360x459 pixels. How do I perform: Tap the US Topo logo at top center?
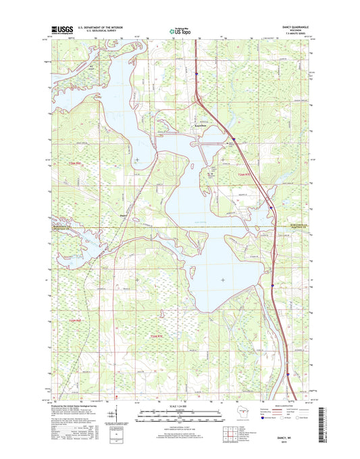click(179, 30)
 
